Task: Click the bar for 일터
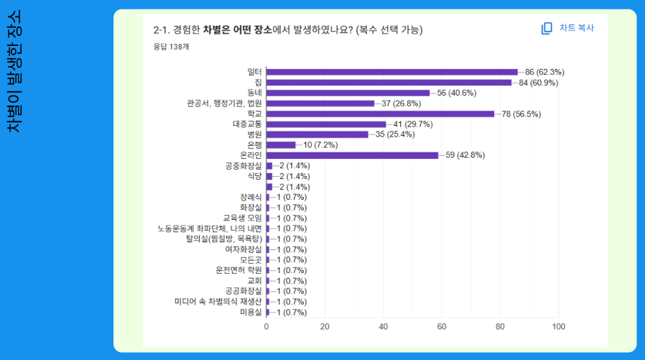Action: tap(391, 72)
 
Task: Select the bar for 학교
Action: tap(380, 114)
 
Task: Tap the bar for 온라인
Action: tap(352, 155)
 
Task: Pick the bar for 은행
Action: tap(281, 144)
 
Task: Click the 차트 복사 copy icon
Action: tap(547, 28)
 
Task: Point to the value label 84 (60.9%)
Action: tap(538, 83)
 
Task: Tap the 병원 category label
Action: tap(254, 134)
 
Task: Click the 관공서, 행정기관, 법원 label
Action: tap(224, 103)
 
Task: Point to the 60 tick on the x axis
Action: tap(442, 327)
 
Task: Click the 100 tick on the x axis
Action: tap(558, 327)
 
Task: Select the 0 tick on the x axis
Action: tap(266, 327)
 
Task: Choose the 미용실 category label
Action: tap(251, 312)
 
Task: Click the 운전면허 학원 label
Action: tap(239, 270)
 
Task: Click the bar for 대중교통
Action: tap(326, 124)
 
